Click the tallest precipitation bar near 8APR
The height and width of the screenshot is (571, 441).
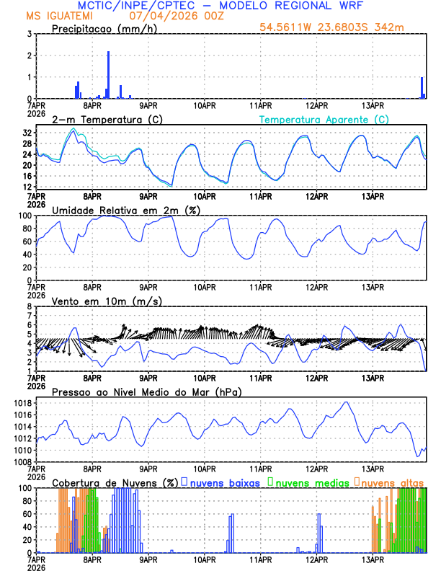(x=108, y=75)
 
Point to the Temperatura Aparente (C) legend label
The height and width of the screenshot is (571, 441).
(x=324, y=119)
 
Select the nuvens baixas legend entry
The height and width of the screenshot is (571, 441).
(x=224, y=482)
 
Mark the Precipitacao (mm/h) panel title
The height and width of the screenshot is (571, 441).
(x=101, y=28)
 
